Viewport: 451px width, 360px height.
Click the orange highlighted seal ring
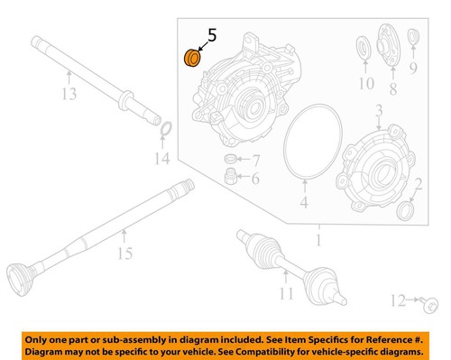[x=192, y=60]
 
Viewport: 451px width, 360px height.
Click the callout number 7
[x=256, y=160]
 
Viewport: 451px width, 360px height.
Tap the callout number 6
[x=256, y=180]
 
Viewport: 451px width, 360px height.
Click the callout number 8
[x=392, y=89]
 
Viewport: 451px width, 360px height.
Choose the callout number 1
[x=316, y=241]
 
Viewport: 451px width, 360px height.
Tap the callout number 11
[x=286, y=294]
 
